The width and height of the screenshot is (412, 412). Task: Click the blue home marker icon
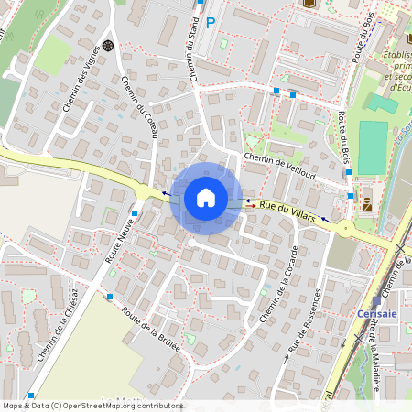pos(206,198)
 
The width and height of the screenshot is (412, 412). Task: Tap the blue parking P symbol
pos(211,23)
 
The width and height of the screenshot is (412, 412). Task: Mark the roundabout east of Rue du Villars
pos(346,228)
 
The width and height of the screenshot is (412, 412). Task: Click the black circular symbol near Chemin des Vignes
pos(108,45)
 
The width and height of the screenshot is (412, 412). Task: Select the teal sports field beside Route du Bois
pos(373,147)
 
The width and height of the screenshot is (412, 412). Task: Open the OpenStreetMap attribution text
pos(92,406)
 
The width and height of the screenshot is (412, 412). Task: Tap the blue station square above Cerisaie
pos(375,300)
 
